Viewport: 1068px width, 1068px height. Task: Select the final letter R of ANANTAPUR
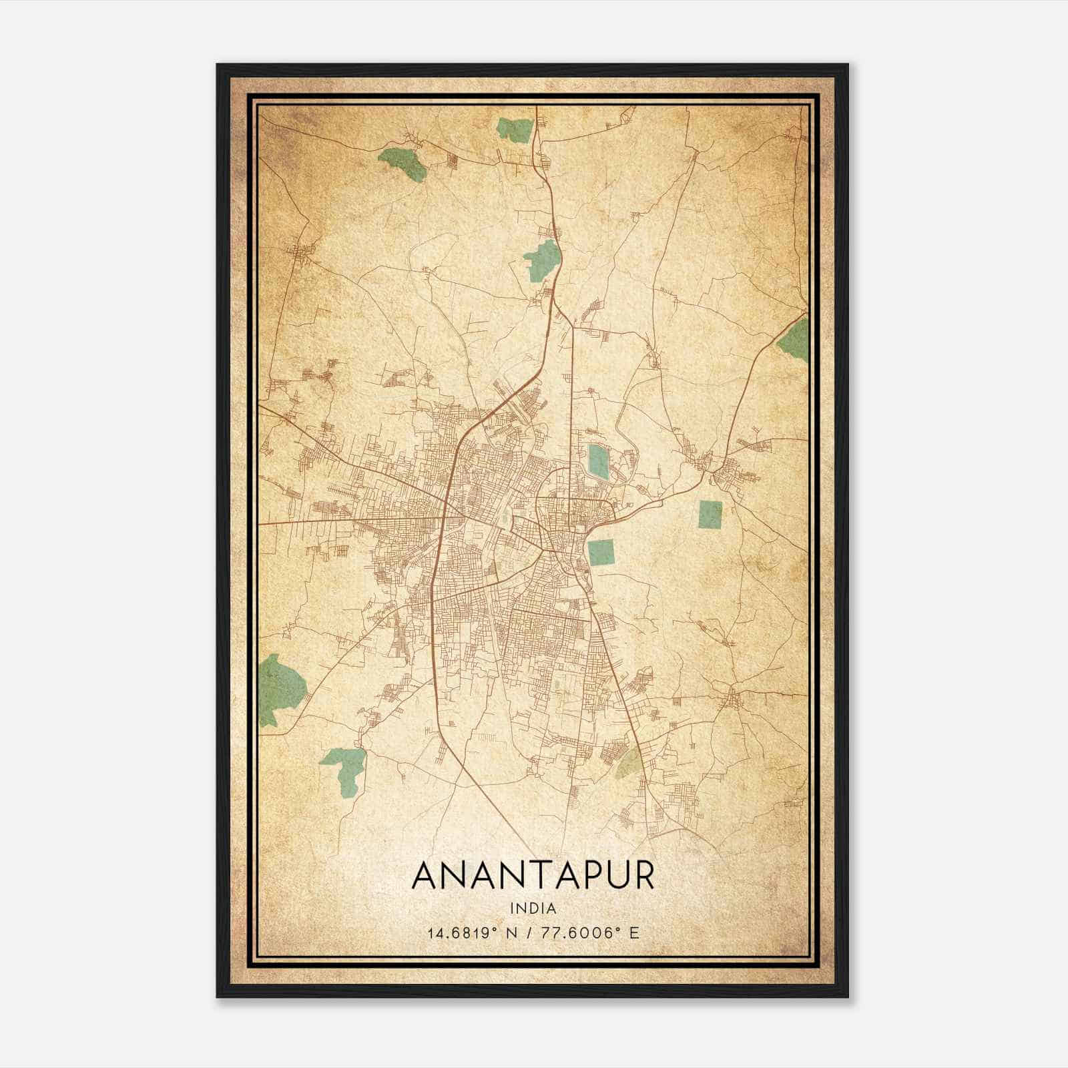643,876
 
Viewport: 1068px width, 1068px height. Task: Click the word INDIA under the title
533,908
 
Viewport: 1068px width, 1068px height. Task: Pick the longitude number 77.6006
584,932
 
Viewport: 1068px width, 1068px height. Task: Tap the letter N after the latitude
512,932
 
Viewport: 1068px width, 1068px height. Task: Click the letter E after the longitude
635,932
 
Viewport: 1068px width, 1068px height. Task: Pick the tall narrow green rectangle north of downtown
596,461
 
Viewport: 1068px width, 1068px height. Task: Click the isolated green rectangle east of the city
710,515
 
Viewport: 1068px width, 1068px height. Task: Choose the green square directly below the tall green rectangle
601,552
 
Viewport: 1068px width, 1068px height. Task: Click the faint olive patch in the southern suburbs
629,763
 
